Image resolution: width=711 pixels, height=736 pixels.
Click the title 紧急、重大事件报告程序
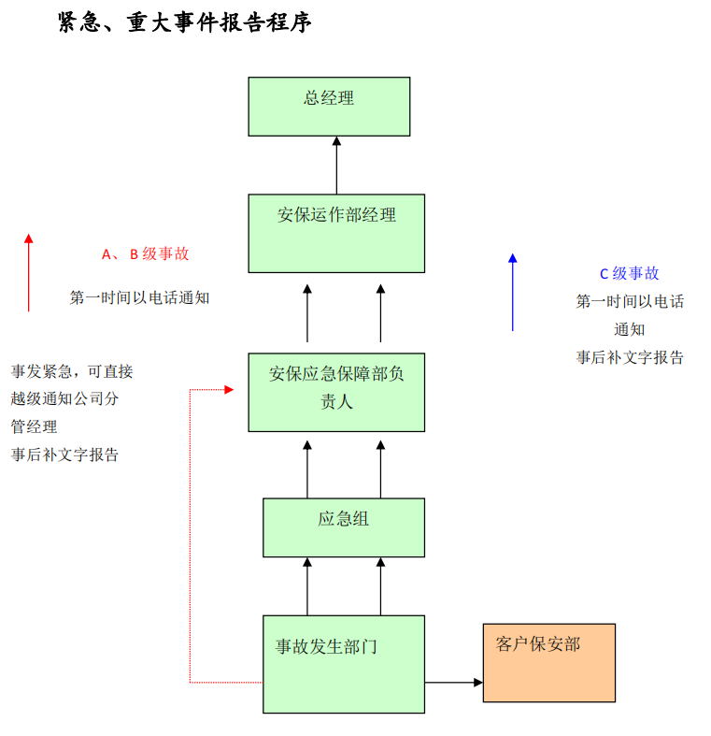[x=185, y=22]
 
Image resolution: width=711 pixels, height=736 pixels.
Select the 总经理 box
[x=329, y=106]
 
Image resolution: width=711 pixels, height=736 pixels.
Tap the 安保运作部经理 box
[x=336, y=233]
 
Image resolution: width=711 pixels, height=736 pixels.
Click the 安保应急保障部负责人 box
[x=336, y=392]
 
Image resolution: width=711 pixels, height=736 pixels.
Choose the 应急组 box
[x=343, y=527]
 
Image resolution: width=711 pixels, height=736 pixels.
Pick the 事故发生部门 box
[x=343, y=663]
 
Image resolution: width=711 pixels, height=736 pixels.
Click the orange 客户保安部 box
[x=548, y=662]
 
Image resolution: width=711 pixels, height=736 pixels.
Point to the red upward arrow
[x=29, y=272]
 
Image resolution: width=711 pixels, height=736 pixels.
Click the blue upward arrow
[x=512, y=291]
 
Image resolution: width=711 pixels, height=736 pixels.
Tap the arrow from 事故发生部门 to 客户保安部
[x=453, y=682]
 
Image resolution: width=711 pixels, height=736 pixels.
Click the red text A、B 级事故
[x=145, y=253]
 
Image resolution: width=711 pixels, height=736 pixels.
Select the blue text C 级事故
[x=629, y=273]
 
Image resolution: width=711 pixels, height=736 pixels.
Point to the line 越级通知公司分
[x=64, y=398]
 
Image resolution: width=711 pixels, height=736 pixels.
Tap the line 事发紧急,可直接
[x=72, y=371]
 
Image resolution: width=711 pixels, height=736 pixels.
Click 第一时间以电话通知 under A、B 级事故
[x=139, y=297]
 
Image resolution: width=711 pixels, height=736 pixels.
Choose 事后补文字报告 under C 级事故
[x=629, y=357]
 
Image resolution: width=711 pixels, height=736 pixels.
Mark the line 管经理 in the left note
[x=34, y=426]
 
